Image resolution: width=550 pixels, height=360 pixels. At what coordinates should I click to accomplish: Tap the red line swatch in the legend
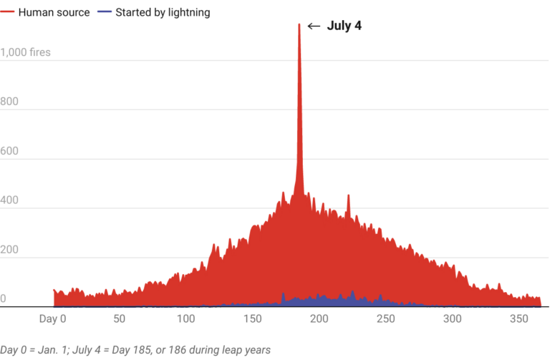(x=7, y=12)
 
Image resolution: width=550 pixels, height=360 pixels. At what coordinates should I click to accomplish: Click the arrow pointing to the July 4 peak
(x=314, y=26)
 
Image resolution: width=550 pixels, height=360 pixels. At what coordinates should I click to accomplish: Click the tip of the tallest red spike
(x=299, y=24)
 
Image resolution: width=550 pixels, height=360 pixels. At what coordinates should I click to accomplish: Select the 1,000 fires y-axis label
(x=25, y=52)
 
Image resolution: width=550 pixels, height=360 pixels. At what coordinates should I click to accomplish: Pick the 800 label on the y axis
(x=9, y=102)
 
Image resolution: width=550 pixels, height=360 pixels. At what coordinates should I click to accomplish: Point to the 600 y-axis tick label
(x=9, y=151)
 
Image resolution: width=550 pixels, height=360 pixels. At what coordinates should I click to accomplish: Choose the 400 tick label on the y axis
(x=9, y=200)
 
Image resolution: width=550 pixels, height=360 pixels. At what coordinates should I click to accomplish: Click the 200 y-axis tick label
(x=9, y=250)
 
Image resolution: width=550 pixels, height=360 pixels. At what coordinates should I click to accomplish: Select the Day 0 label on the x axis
(x=51, y=318)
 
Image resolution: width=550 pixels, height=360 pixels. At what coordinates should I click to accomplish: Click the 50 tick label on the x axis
(x=119, y=318)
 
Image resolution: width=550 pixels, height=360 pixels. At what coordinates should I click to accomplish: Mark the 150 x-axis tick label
(x=252, y=318)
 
